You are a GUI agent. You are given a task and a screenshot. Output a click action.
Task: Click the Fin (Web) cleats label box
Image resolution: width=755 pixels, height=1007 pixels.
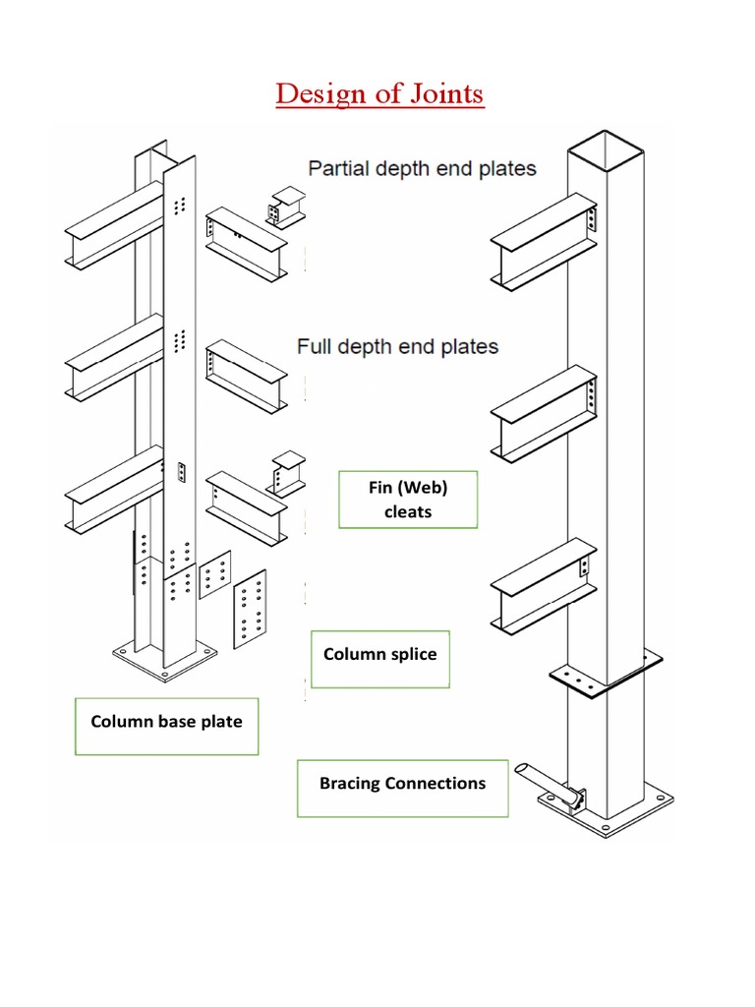click(408, 499)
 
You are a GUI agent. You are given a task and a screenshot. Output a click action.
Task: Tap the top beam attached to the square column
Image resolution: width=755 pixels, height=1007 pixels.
click(542, 242)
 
